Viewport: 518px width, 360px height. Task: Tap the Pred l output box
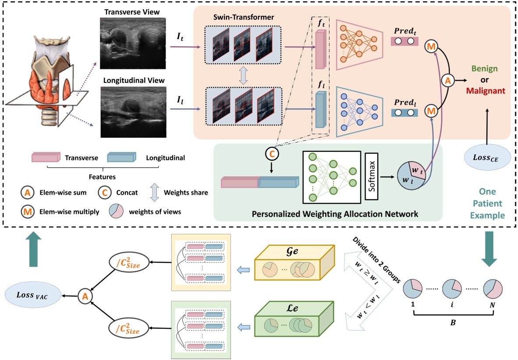click(x=403, y=113)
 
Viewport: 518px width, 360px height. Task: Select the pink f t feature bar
click(x=320, y=54)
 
